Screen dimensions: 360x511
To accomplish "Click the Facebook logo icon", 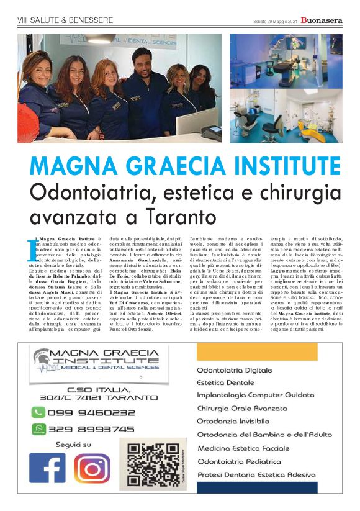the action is [x=47, y=468].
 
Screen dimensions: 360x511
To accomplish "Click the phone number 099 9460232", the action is [x=92, y=412].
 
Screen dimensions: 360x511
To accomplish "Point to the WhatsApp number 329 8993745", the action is [x=92, y=428].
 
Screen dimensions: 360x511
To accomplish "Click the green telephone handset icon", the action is [x=38, y=412].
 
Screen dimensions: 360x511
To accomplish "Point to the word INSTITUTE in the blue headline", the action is [x=273, y=166].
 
